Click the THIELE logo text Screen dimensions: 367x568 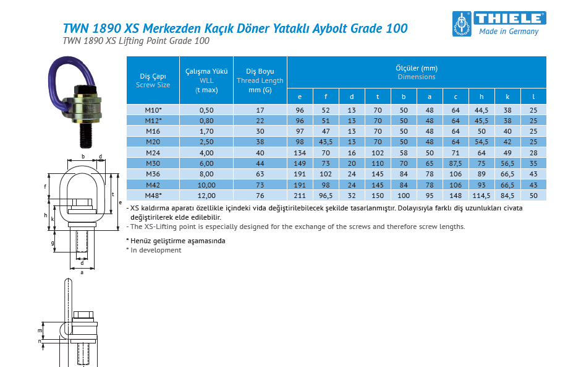509,18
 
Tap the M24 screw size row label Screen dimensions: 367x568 153,152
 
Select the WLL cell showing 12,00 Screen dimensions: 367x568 206,196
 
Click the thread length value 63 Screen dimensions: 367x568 260,174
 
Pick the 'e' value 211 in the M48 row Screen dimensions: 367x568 300,196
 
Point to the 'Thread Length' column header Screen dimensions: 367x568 260,80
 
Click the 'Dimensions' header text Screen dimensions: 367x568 416,77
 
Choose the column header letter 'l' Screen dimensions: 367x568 533,97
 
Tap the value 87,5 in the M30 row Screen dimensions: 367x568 456,163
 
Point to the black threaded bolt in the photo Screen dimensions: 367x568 88,133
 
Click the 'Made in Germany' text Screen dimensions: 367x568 509,32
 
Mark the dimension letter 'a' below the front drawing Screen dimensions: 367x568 82,272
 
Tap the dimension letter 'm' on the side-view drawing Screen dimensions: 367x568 40,330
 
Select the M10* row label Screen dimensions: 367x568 153,110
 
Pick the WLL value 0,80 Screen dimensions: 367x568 206,120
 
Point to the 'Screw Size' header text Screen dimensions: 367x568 153,85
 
